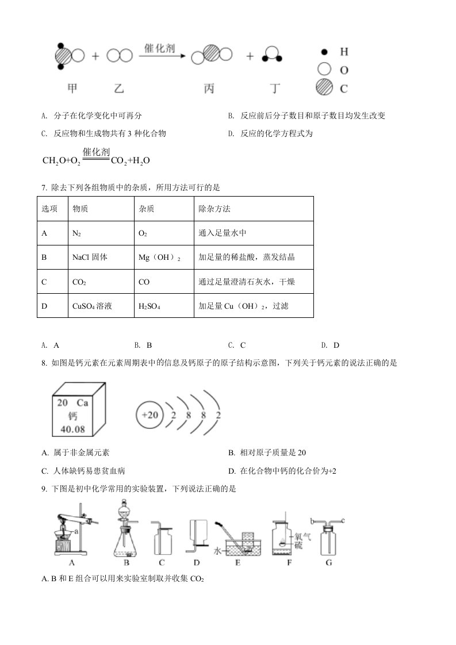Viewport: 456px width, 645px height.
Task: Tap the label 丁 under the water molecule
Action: click(276, 89)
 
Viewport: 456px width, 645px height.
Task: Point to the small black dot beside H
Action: click(325, 52)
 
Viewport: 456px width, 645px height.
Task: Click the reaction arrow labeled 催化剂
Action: click(162, 56)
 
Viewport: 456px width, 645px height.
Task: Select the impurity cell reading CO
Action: click(144, 282)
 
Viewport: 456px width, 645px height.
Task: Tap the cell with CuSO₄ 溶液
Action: click(93, 306)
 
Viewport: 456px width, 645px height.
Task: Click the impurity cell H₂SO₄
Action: click(150, 306)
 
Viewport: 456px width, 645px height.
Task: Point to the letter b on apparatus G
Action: click(311, 521)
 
